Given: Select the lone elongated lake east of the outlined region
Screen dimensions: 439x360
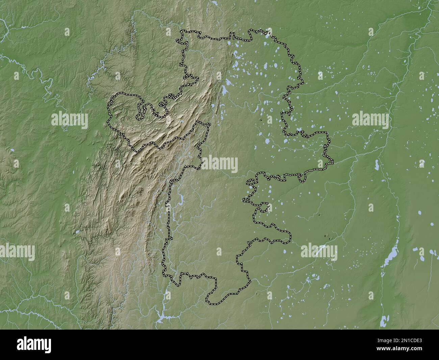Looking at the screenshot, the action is pos(376,165).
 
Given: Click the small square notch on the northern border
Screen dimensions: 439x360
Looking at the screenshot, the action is pos(232,34).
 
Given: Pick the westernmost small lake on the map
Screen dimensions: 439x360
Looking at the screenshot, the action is pos(12,149).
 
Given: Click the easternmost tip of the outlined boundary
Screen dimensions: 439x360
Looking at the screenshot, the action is pos(333,162).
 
